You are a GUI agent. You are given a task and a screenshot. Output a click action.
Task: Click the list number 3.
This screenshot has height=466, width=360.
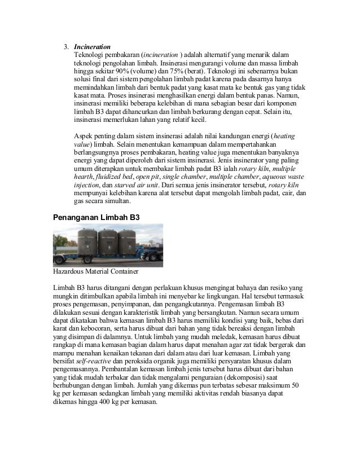[x=65, y=45]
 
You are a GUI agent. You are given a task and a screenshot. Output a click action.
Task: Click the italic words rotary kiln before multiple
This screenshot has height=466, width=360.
[x=255, y=169]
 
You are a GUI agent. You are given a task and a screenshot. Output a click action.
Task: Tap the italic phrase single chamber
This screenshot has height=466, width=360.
[x=193, y=177]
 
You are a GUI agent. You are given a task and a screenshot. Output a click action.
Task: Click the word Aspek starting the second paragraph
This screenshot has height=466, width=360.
[x=85, y=136]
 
